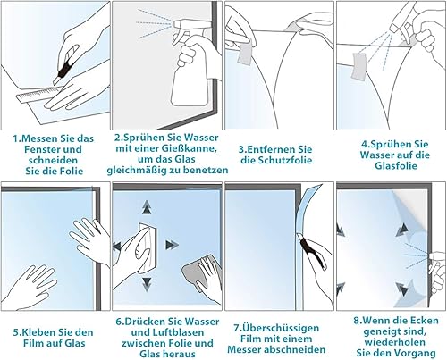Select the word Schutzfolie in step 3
[x=285, y=160]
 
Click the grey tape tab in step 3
[x=246, y=54]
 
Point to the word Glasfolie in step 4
[x=396, y=165]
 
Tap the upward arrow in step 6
[x=146, y=207]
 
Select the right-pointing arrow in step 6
[x=172, y=245]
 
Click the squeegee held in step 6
[x=147, y=247]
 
